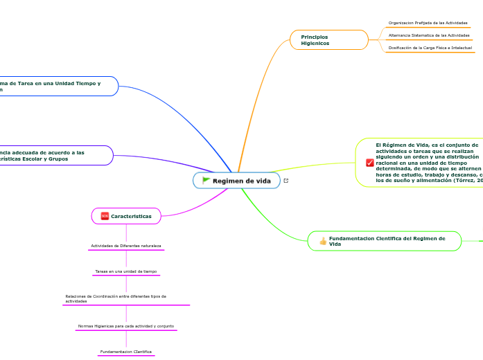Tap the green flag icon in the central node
tap(206, 181)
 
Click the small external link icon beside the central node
tap(286, 181)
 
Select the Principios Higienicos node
tap(329, 39)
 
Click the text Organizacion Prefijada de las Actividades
tap(428, 23)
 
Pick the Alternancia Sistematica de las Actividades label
tap(429, 35)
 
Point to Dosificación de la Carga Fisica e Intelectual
tap(430, 48)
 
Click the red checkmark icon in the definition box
tap(369, 163)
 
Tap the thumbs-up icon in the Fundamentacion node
tap(323, 241)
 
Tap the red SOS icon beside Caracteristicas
tap(105, 216)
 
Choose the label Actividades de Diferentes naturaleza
tap(126, 246)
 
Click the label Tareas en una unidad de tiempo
tap(126, 271)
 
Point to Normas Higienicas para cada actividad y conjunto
tap(126, 325)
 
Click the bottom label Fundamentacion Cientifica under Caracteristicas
tap(126, 352)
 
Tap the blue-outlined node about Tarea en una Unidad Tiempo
tap(55, 86)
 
